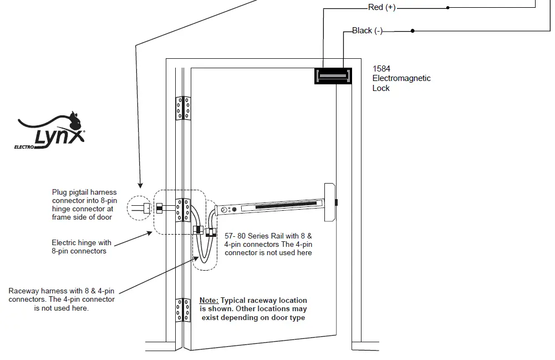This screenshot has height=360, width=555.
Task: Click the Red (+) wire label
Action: [x=382, y=7]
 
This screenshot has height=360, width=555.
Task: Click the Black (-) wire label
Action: [x=367, y=31]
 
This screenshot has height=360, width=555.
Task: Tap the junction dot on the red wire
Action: [x=448, y=8]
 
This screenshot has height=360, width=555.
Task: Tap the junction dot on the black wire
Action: [x=413, y=31]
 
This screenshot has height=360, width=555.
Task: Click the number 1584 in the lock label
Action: [x=381, y=69]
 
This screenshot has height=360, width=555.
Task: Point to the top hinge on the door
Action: [x=183, y=108]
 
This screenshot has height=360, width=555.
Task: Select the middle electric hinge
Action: [x=183, y=210]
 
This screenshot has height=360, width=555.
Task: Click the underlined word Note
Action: [x=210, y=300]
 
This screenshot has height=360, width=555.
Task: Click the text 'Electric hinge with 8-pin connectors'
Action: [x=82, y=247]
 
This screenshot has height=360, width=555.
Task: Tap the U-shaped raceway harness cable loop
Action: [x=203, y=252]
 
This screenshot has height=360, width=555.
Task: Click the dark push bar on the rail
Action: [x=283, y=206]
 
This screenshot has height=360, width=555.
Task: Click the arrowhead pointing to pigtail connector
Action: [x=141, y=185]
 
